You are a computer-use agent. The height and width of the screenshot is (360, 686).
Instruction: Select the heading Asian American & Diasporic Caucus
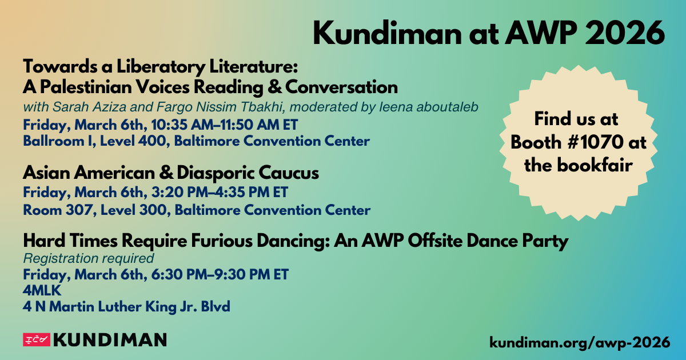click(170, 173)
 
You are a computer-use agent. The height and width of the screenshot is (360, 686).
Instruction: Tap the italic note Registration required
click(89, 258)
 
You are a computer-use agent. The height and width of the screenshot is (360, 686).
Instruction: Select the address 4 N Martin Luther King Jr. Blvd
click(126, 307)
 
